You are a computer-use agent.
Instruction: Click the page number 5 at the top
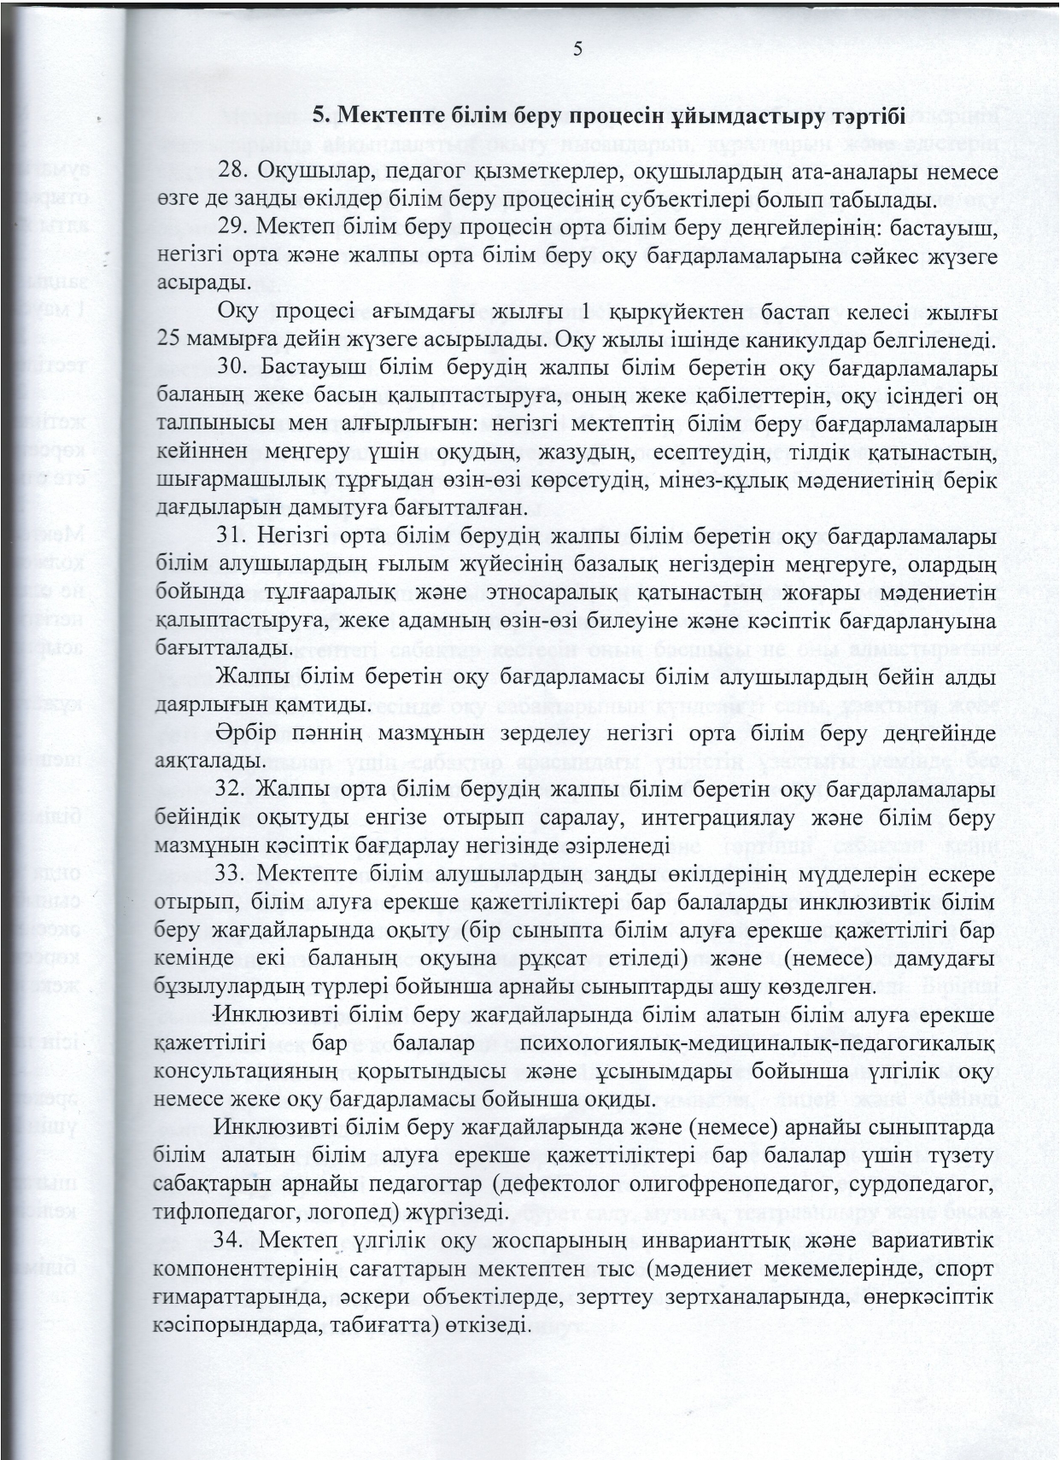(x=578, y=50)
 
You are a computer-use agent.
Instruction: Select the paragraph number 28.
(x=232, y=172)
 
